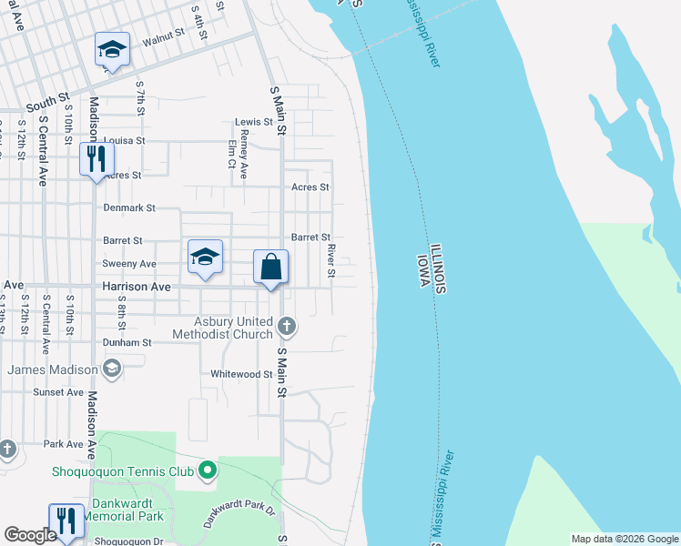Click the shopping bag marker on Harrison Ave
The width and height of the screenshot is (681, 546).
point(270,268)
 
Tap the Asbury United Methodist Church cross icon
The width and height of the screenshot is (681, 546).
point(287,326)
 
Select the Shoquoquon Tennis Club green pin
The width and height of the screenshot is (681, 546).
point(208,471)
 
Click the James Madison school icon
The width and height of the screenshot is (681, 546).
point(111,369)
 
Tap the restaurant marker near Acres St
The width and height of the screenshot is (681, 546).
point(96,159)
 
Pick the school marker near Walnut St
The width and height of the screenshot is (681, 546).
point(112,49)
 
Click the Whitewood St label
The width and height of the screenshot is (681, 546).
point(241,374)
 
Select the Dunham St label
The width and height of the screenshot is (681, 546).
point(127,343)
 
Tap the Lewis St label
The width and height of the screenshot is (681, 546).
point(254,122)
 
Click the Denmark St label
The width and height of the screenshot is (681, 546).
point(130,207)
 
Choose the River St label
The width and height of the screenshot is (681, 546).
point(331,260)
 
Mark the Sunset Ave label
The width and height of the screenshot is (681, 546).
point(58,392)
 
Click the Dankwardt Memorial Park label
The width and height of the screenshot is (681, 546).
point(124,510)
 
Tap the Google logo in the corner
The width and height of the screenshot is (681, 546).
point(30,535)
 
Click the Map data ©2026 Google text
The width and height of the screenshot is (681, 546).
point(624,539)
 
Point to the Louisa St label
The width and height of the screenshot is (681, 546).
point(125,141)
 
